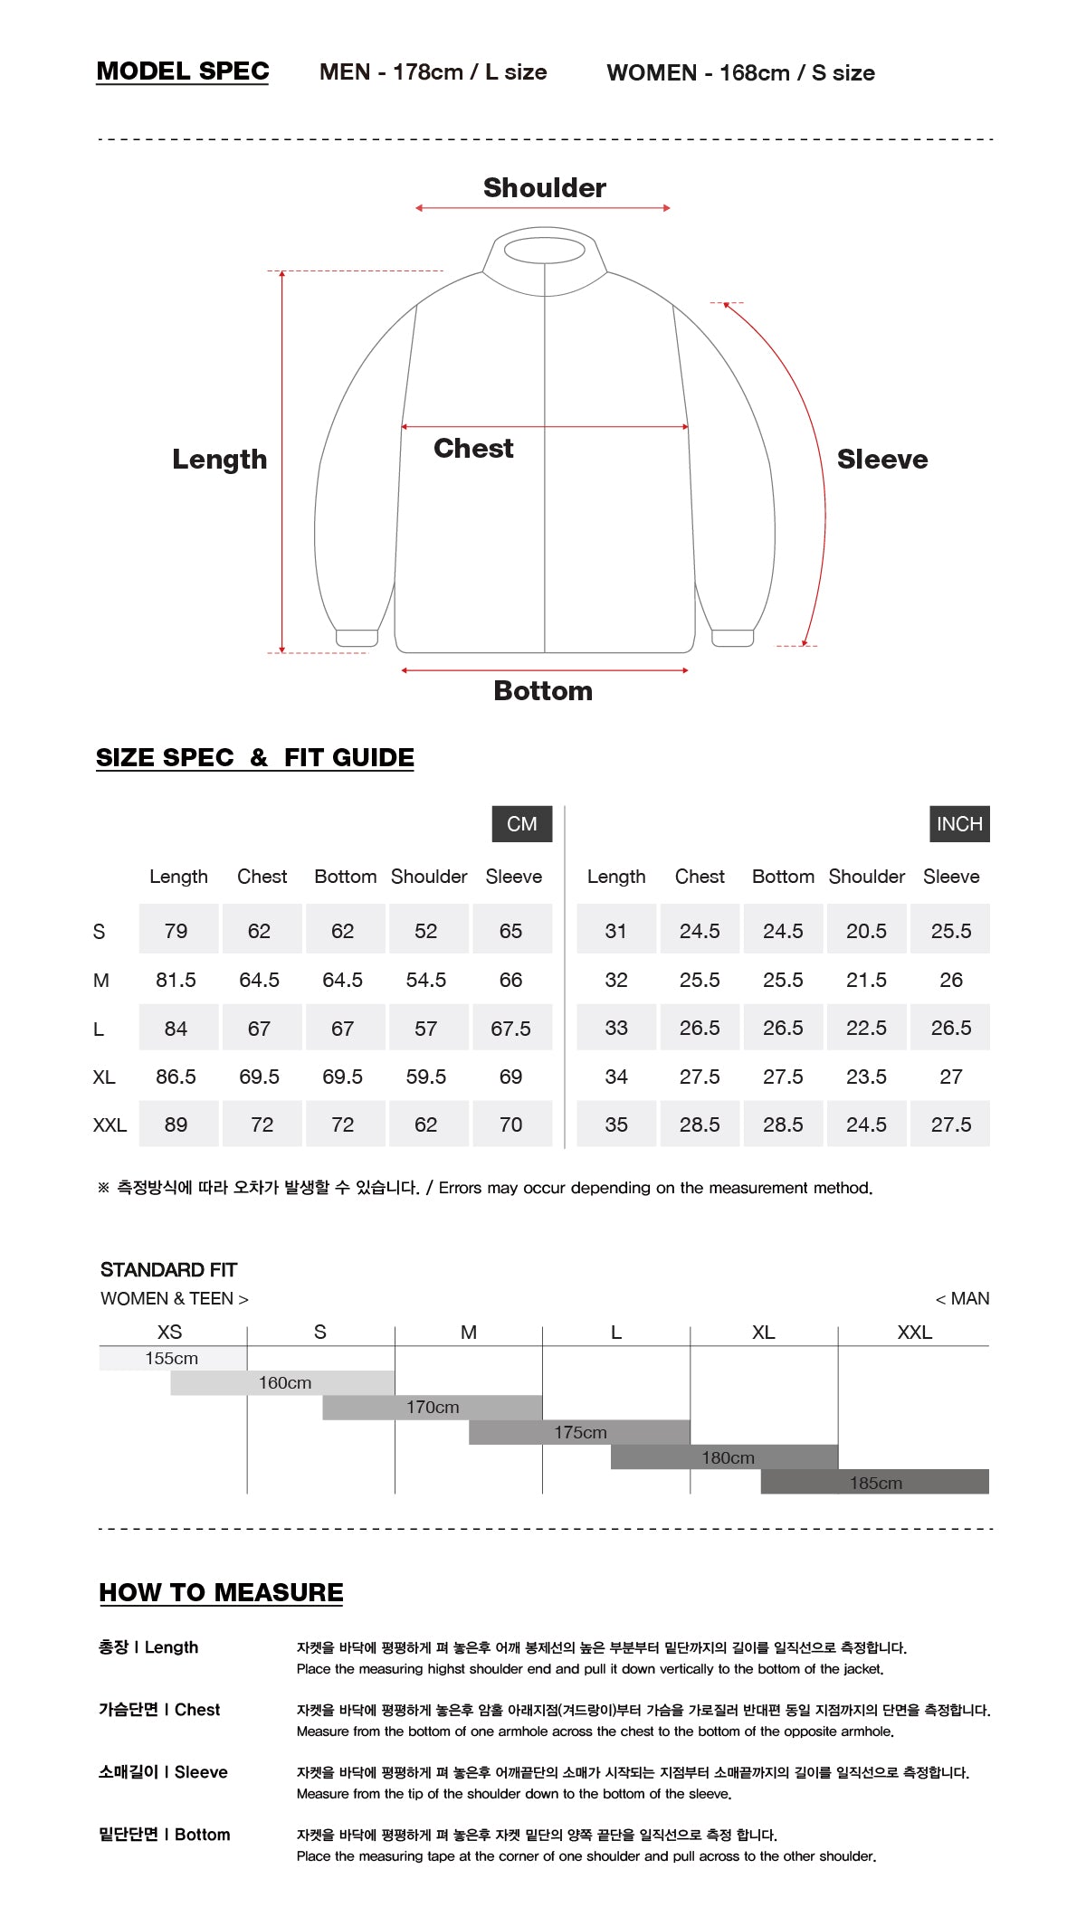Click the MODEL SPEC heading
pos(183,71)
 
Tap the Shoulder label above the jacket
pos(544,187)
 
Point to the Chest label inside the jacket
pos(473,448)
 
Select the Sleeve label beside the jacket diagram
pos(881,460)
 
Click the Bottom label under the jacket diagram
pos(543,691)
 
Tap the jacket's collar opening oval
pos(544,251)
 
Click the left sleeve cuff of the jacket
pos(357,638)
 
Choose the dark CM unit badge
pos(522,824)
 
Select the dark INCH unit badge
pos(959,824)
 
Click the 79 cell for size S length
pos(176,931)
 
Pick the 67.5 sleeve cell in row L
pos(511,1029)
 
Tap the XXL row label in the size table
pos(110,1125)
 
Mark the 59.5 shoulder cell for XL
pos(426,1077)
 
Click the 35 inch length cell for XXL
pos(616,1124)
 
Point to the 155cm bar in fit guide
pos(172,1358)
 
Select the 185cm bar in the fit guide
pos(875,1483)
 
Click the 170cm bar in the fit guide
pos(433,1408)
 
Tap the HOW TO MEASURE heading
pos(221,1592)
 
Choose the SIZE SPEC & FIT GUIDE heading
pos(255,757)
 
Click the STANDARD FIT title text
pos(168,1270)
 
